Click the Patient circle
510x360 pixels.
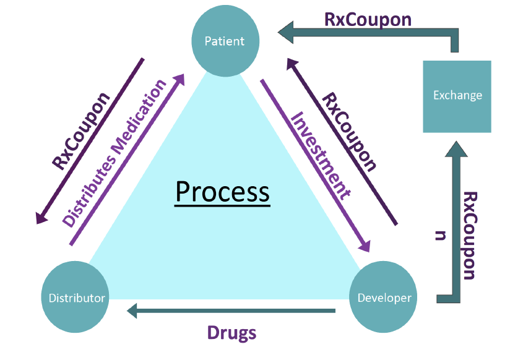[225, 41]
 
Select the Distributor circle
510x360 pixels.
[75, 297]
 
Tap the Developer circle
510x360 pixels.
[383, 297]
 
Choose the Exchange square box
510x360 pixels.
[457, 96]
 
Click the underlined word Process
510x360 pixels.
[222, 192]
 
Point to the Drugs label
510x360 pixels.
[231, 333]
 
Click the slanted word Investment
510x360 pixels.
[321, 156]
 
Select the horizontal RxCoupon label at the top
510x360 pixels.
[368, 20]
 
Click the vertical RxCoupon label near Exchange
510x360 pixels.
[470, 236]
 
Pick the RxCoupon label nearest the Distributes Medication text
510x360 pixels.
[81, 131]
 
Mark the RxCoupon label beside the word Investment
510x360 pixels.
[349, 132]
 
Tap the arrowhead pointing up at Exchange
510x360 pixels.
[456, 149]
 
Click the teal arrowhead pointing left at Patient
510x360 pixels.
[286, 32]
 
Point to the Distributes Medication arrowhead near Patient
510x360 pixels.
[179, 79]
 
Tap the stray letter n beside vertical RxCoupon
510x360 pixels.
[441, 236]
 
